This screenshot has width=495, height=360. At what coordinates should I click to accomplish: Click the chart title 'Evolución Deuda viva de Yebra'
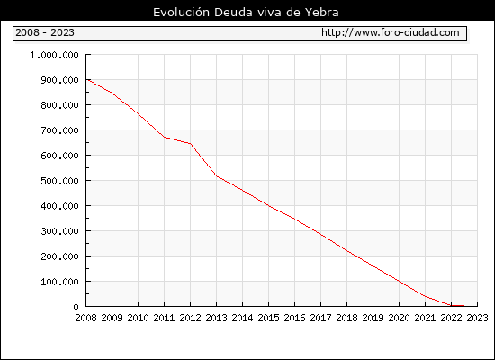[x=246, y=13]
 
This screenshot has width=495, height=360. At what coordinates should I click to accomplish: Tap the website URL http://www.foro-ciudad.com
[x=391, y=32]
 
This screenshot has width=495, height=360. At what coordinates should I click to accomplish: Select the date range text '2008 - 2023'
[x=45, y=32]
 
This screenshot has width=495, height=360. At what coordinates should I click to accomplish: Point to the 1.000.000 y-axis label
[x=54, y=55]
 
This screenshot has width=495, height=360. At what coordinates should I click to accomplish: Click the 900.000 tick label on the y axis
[x=59, y=80]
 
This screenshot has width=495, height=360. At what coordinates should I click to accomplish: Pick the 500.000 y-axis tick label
[x=59, y=181]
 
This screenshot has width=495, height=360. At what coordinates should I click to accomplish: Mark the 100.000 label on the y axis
[x=59, y=282]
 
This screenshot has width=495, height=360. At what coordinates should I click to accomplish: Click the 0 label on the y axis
[x=76, y=307]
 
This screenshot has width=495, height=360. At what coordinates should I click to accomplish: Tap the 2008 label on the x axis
[x=85, y=318]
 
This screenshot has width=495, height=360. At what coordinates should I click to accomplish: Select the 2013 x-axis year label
[x=216, y=318]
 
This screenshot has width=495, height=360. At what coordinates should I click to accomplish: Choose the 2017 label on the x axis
[x=320, y=318]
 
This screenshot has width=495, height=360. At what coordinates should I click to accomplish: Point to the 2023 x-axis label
[x=477, y=318]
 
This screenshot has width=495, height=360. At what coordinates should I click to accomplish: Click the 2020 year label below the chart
[x=399, y=318]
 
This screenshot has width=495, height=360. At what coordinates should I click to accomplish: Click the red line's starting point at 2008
[x=86, y=79]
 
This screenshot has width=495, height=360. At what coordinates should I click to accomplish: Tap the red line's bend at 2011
[x=164, y=137]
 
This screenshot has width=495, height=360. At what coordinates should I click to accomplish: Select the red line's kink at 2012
[x=191, y=144]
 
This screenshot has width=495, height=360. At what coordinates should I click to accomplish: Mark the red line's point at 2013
[x=217, y=176]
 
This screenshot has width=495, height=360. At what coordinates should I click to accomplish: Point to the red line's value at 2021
[x=425, y=296]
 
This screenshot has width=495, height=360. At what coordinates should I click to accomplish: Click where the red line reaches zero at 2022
[x=451, y=306]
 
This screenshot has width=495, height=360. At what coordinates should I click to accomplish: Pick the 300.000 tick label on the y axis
[x=59, y=231]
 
